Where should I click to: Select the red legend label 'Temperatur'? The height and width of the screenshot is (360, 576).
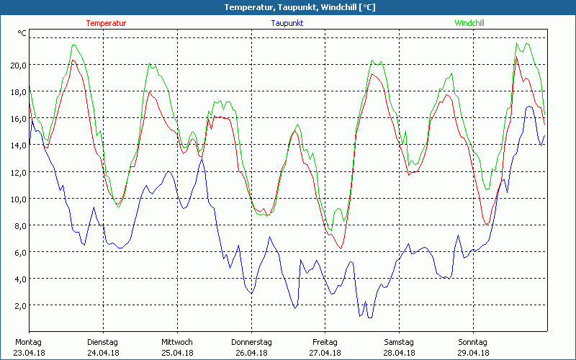(106, 23)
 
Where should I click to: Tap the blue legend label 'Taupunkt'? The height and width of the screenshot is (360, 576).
(287, 23)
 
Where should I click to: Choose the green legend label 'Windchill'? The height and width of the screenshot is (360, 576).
(469, 23)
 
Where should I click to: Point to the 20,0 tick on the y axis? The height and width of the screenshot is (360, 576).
(17, 65)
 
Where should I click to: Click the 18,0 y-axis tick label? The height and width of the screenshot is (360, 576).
(17, 91)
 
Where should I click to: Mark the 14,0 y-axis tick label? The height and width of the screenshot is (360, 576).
(17, 145)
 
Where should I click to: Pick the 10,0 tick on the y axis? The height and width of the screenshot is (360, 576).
(17, 199)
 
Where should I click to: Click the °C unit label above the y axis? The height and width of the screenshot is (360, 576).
(22, 33)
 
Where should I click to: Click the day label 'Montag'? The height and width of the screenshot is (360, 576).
(28, 342)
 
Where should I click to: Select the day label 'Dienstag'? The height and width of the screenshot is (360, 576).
(102, 342)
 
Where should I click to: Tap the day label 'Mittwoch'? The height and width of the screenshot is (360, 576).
(177, 342)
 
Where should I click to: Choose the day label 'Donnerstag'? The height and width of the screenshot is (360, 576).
(251, 342)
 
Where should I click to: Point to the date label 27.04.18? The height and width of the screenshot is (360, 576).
(325, 353)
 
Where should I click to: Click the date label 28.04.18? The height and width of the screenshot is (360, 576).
(399, 353)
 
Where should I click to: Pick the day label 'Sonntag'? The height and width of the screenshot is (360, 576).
(473, 342)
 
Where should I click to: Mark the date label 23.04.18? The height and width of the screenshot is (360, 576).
(29, 353)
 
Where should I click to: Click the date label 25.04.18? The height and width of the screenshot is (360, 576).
(177, 353)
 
